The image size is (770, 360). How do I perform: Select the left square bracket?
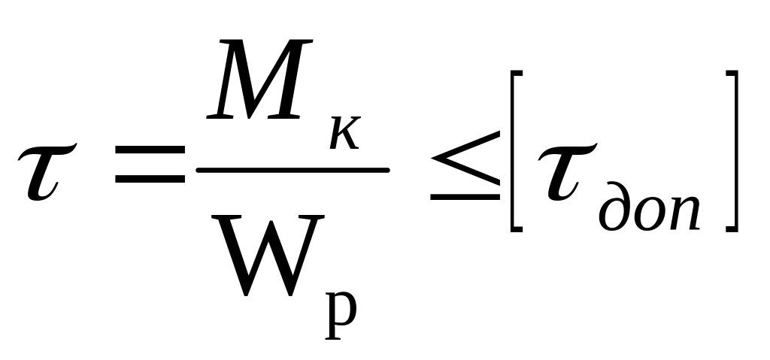(514, 151)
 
